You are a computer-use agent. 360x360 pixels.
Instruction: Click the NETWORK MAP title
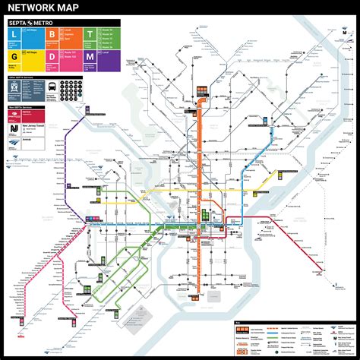click(48, 10)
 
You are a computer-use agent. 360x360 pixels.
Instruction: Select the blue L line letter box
click(14, 36)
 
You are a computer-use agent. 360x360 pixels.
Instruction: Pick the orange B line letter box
click(52, 36)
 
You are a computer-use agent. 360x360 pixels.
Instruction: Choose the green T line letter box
click(89, 36)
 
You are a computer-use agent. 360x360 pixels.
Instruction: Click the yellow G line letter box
click(14, 56)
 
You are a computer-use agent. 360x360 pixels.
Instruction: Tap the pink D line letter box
click(52, 56)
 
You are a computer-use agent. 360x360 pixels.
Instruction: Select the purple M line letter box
click(89, 56)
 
